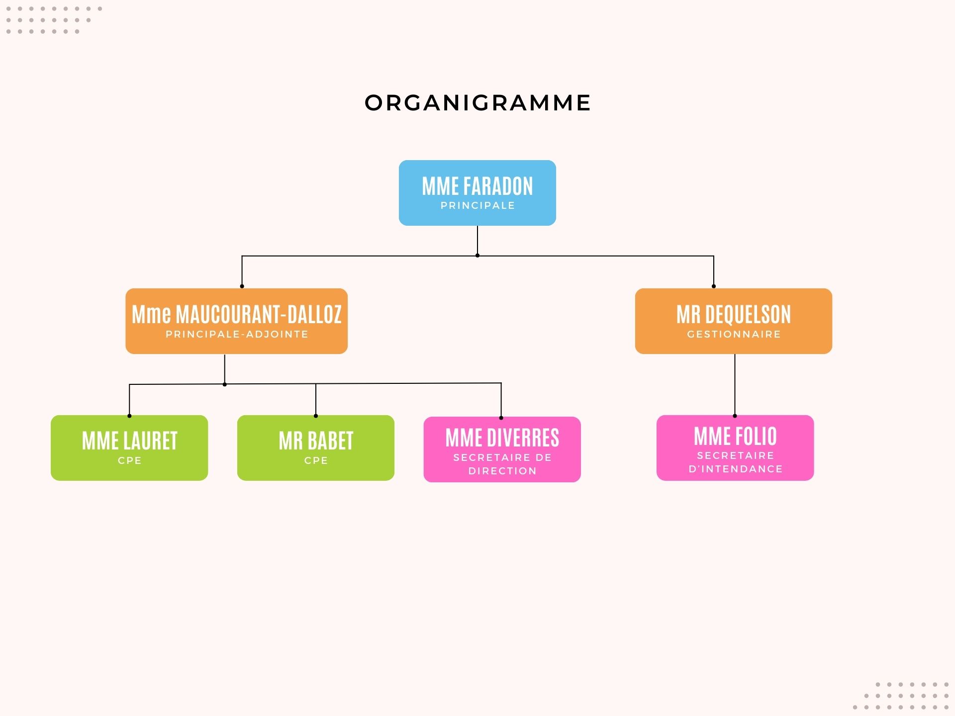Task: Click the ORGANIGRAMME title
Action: pos(477,103)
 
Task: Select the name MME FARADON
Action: pos(477,186)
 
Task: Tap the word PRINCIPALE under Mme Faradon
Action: pos(477,205)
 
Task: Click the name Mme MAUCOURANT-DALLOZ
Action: pos(237,314)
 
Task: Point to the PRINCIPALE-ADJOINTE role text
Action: pos(237,334)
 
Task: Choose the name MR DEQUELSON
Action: pos(734,314)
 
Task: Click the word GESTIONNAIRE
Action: pos(734,334)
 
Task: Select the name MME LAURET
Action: pos(129,441)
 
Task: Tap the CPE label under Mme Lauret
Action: pos(129,460)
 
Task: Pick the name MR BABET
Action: pos(316,441)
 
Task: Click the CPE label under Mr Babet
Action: pos(316,460)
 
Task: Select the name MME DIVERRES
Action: pos(502,438)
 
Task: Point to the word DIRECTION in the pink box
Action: pos(502,471)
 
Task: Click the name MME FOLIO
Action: pos(735,437)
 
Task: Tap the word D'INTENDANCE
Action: pos(735,469)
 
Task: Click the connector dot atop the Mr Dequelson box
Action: pos(714,286)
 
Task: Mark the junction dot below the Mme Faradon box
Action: pos(477,256)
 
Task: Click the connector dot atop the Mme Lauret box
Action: pos(129,416)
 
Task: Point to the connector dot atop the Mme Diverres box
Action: pos(501,418)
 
